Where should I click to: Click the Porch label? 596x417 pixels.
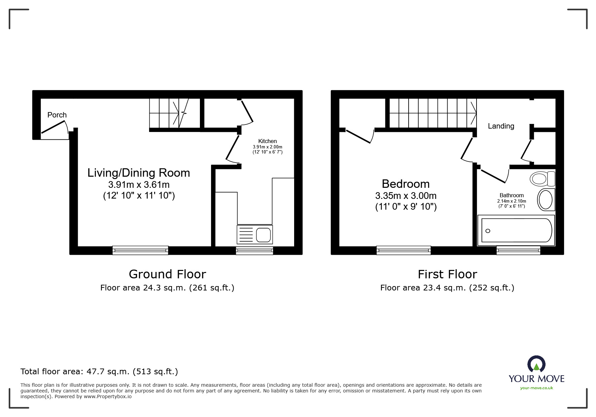[57, 115]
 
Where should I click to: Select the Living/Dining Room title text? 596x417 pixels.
[139, 173]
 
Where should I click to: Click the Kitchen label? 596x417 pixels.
[268, 141]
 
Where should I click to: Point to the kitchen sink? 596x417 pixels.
[255, 235]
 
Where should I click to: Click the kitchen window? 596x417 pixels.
[254, 250]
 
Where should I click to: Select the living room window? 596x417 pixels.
[140, 250]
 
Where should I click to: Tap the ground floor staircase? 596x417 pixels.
[175, 113]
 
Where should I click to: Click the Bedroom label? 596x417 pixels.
[406, 184]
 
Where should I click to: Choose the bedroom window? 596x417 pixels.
[404, 250]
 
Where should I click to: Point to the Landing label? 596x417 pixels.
[501, 126]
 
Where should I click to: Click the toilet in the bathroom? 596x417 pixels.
[542, 178]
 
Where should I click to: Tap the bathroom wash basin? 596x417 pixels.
[546, 200]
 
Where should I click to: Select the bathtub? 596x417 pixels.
[516, 230]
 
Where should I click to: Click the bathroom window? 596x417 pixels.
[518, 250]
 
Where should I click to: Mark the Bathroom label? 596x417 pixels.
[512, 195]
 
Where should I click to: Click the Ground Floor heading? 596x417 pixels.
[167, 274]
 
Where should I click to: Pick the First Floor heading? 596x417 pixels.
[447, 274]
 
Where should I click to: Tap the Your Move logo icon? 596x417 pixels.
[536, 364]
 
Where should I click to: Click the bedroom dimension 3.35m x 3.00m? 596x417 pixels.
[406, 196]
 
